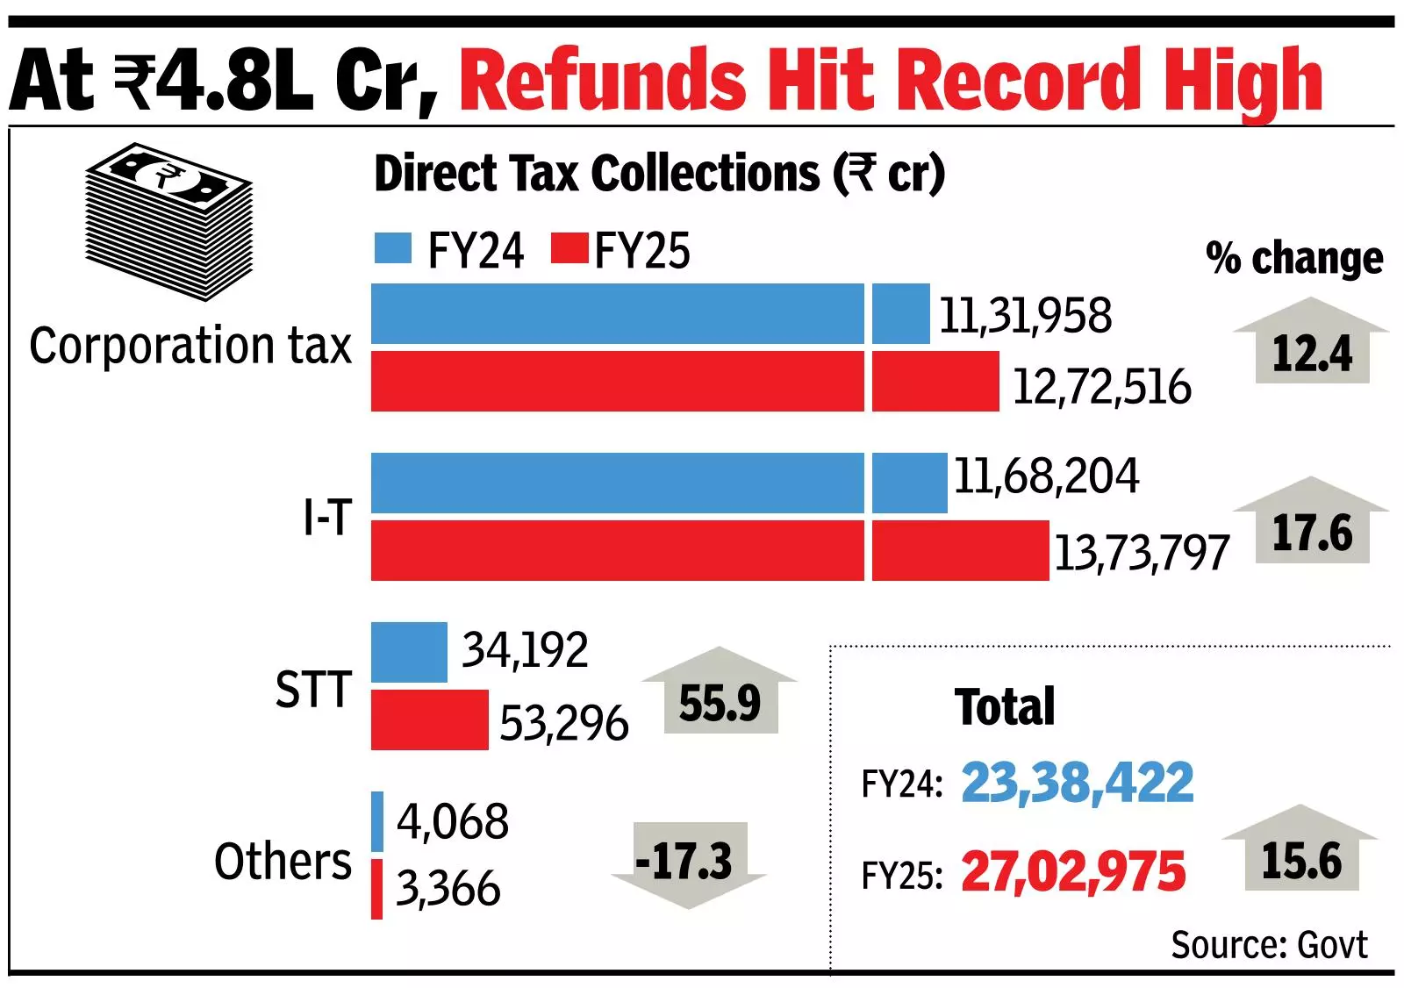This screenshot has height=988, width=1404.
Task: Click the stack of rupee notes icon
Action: pyautogui.click(x=168, y=221)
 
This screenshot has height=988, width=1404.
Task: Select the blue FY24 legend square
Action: pyautogui.click(x=392, y=248)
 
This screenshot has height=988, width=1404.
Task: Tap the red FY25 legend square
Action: pyautogui.click(x=569, y=248)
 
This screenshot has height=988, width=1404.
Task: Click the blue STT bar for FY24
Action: pyautogui.click(x=409, y=652)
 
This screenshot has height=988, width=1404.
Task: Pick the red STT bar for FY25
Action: pyautogui.click(x=429, y=720)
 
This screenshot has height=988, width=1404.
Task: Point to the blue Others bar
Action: pyautogui.click(x=377, y=821)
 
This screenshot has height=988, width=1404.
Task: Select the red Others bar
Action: pyautogui.click(x=377, y=889)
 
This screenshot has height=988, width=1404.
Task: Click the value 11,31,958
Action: pyautogui.click(x=1025, y=316)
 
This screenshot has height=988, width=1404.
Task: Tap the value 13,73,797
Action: pyautogui.click(x=1141, y=553)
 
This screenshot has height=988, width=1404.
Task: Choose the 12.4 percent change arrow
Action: pyautogui.click(x=1311, y=344)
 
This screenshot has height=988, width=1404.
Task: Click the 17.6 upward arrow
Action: pyautogui.click(x=1311, y=524)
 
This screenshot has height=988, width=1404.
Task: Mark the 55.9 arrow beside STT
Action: pyautogui.click(x=720, y=694)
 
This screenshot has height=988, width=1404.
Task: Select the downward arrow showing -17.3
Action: pyautogui.click(x=688, y=863)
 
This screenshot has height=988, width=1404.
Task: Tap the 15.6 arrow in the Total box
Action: pyautogui.click(x=1300, y=851)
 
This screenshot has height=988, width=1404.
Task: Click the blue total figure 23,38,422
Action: pyautogui.click(x=1077, y=783)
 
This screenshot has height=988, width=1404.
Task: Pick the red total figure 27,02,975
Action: pyautogui.click(x=1072, y=872)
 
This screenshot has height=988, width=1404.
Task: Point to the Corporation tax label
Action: pyautogui.click(x=190, y=346)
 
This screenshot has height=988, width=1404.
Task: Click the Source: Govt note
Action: pyautogui.click(x=1268, y=945)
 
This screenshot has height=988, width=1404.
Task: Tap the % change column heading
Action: pyautogui.click(x=1294, y=258)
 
